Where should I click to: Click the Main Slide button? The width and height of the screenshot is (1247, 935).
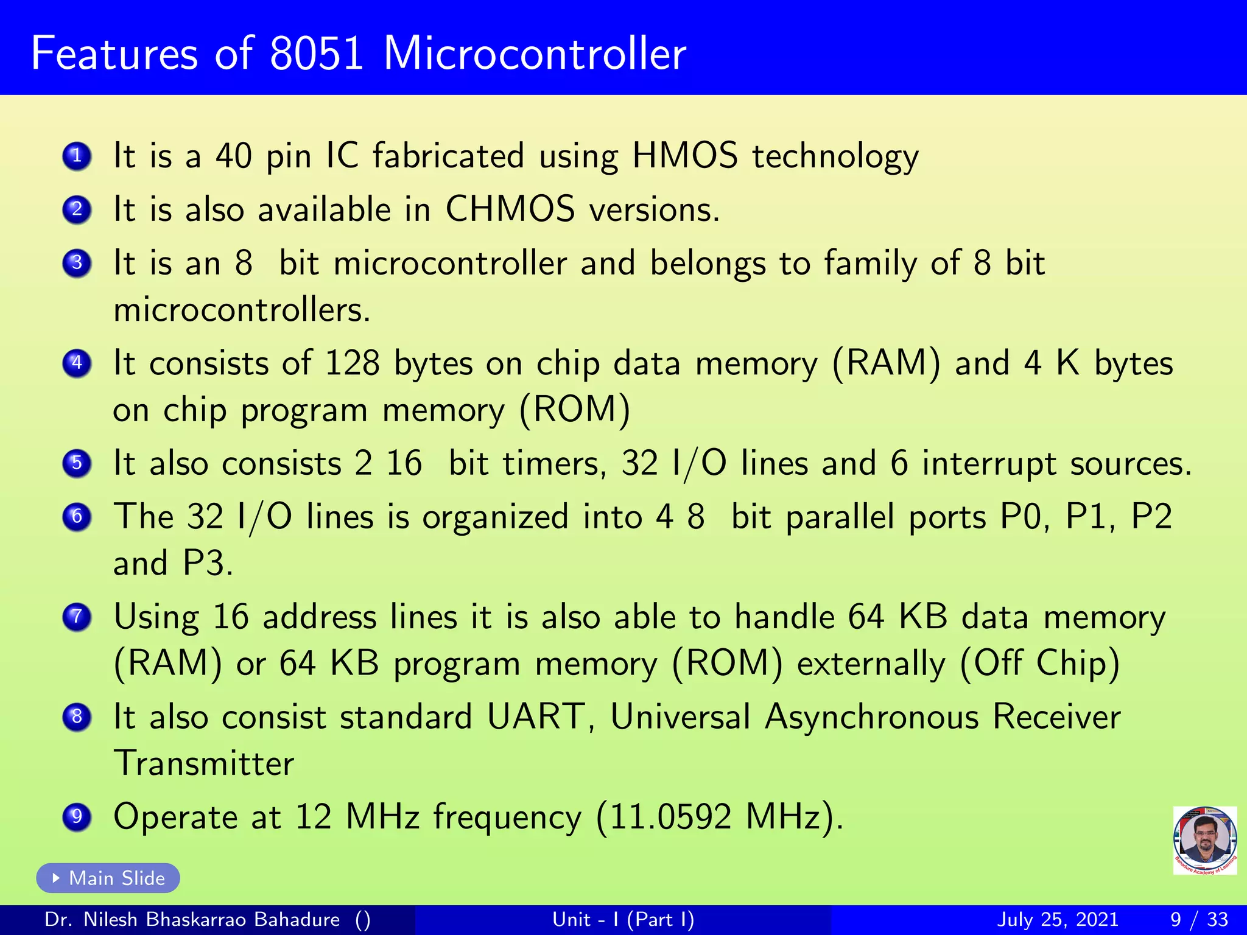(x=108, y=878)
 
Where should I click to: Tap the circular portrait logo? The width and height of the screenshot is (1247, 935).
(x=1204, y=840)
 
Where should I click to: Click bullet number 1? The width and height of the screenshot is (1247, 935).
(x=77, y=156)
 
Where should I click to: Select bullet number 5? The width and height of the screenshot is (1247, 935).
(x=77, y=463)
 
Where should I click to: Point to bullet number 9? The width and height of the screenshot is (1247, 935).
(x=77, y=816)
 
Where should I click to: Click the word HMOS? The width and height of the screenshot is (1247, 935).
(x=684, y=156)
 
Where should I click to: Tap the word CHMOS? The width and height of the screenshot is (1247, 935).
(x=510, y=209)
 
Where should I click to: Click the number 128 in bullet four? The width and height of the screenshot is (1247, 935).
(x=353, y=363)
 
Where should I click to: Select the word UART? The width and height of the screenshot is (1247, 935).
(x=536, y=716)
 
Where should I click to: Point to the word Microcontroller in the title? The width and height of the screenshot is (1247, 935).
(x=535, y=54)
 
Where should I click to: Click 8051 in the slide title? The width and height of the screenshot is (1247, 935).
(x=317, y=54)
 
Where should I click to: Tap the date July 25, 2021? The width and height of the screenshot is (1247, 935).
(x=1058, y=919)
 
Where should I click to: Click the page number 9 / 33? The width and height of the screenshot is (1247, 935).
(x=1199, y=919)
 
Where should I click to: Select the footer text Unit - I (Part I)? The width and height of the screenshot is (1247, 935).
(x=623, y=919)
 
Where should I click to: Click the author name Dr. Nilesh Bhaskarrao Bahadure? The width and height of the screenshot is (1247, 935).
(x=192, y=919)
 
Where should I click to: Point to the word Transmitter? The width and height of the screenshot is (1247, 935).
(x=204, y=763)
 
